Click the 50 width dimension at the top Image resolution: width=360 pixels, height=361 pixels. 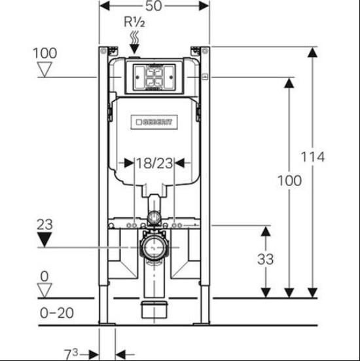tap(153, 6)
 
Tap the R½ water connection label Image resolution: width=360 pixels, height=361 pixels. tap(135, 22)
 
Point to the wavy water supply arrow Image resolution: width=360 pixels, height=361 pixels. tap(134, 43)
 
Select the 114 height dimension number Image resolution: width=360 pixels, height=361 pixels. tap(313, 157)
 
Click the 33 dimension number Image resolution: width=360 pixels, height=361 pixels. tap(266, 259)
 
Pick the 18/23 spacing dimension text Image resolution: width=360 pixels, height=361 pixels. tap(154, 163)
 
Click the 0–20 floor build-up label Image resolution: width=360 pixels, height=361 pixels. tap(57, 313)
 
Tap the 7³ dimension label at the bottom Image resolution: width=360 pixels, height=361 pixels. tap(71, 354)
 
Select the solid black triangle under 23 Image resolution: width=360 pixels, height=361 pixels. tap(45, 239)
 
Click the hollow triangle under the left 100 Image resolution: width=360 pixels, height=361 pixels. tap(45, 69)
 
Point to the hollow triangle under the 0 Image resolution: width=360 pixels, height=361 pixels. tap(45, 290)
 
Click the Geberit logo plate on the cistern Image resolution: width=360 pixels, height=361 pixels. tap(154, 122)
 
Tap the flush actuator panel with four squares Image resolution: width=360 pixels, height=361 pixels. tap(154, 77)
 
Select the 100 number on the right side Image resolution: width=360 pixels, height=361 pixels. tap(289, 181)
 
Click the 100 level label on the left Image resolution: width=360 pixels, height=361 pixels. tap(45, 53)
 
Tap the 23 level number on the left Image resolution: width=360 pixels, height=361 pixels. tap(45, 225)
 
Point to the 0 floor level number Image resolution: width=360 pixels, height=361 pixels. tap(45, 276)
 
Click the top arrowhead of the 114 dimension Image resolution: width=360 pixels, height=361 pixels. tap(313, 52)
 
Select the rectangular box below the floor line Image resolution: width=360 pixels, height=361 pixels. tap(154, 310)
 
